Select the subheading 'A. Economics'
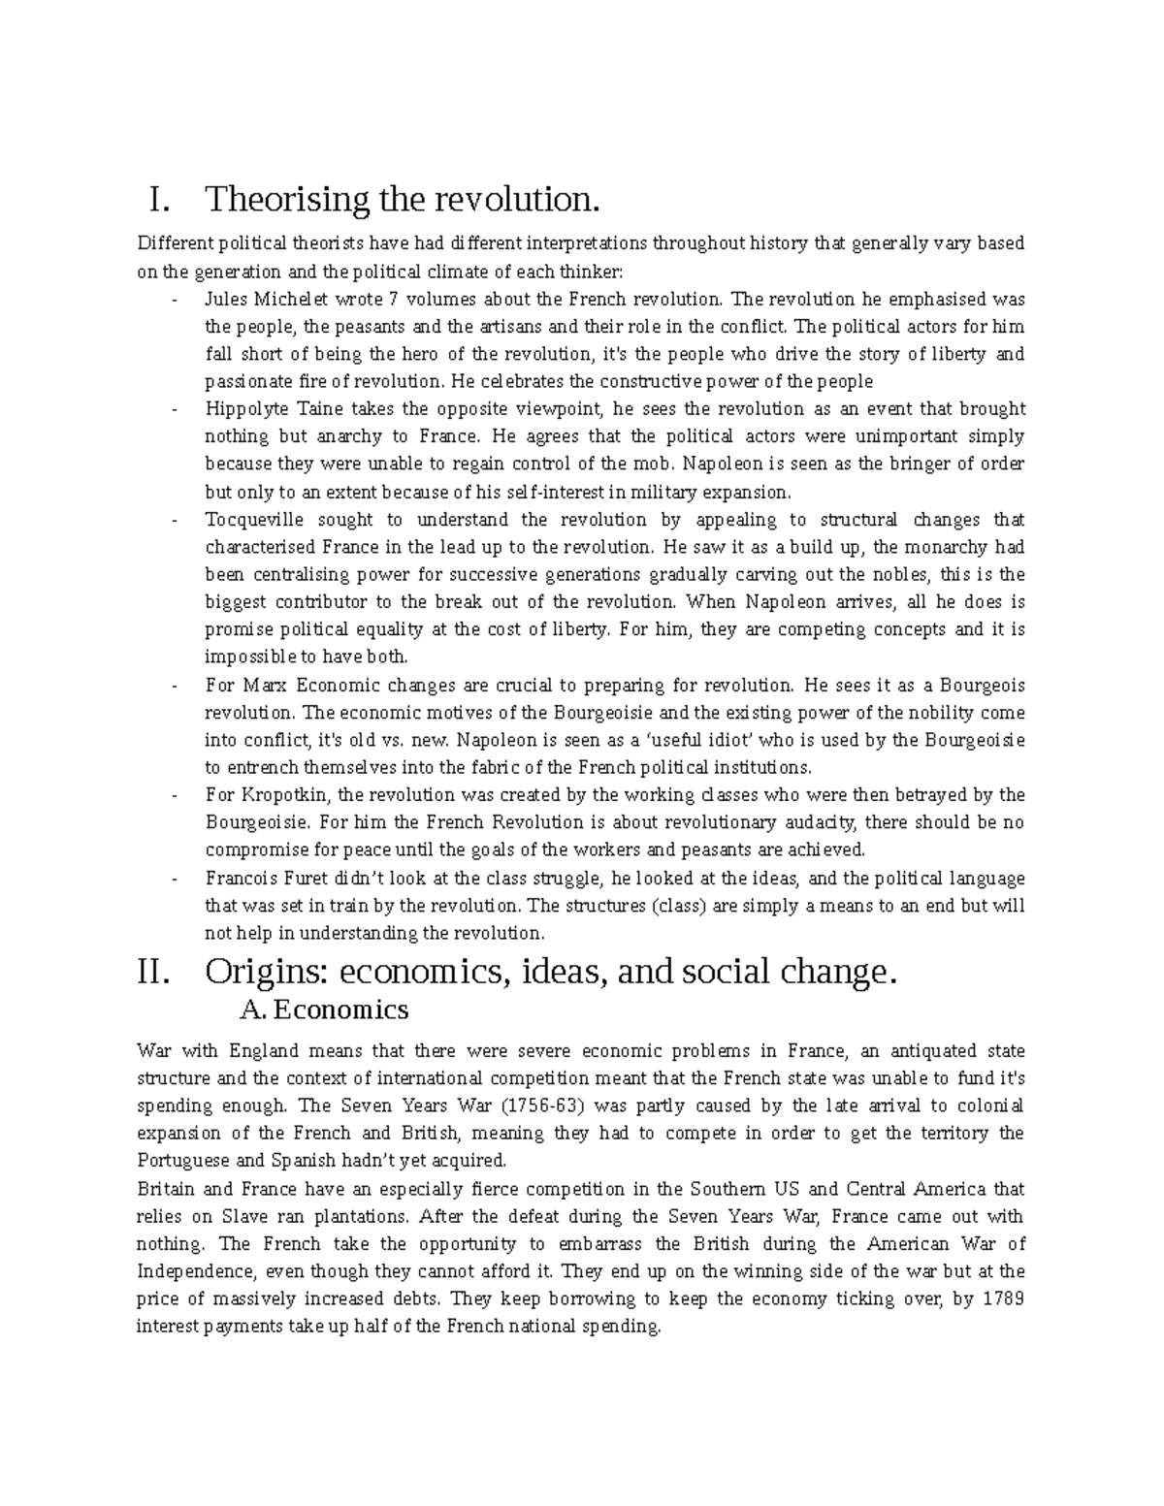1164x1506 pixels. [x=323, y=1009]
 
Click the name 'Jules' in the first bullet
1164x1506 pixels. [x=225, y=299]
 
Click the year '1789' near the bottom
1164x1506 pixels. [x=1002, y=1298]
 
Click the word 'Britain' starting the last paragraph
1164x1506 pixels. [x=166, y=1189]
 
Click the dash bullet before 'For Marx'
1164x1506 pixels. [x=175, y=686]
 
